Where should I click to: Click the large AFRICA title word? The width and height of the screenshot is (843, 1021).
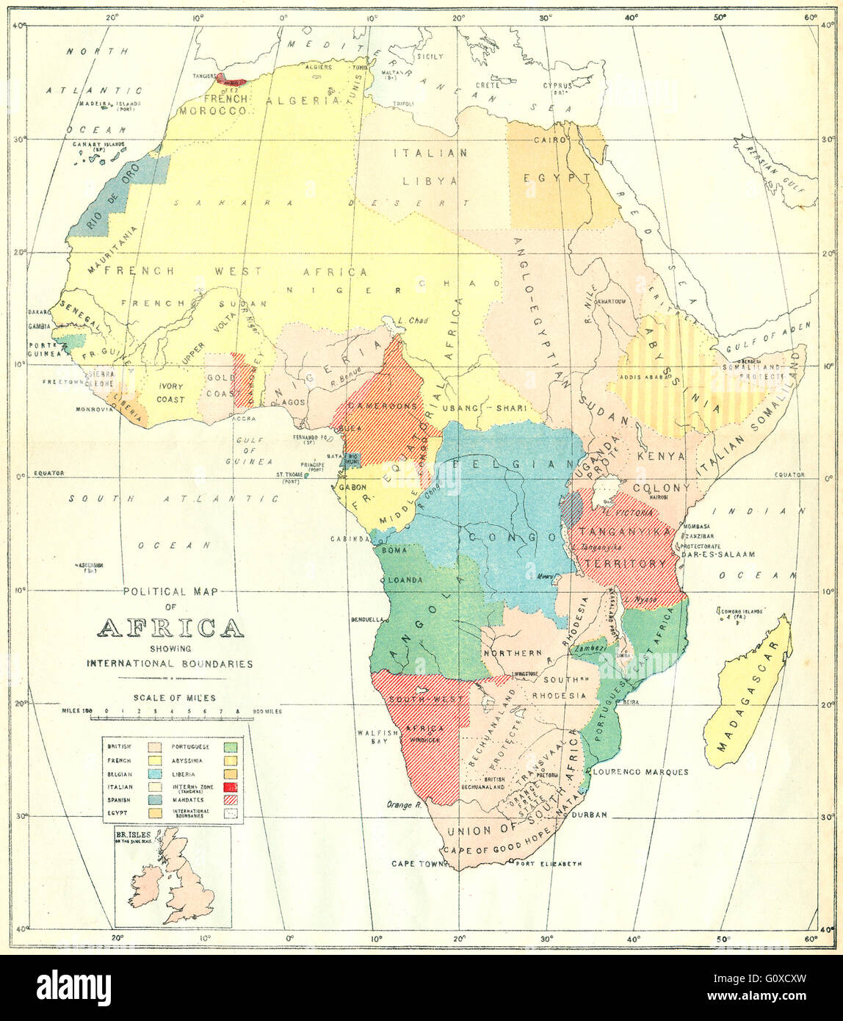click(170, 628)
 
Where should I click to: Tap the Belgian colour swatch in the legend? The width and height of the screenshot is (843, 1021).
click(156, 773)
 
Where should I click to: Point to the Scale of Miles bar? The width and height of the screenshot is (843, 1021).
click(171, 711)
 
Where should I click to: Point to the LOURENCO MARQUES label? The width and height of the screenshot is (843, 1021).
click(640, 772)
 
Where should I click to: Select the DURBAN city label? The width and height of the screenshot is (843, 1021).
click(589, 815)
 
